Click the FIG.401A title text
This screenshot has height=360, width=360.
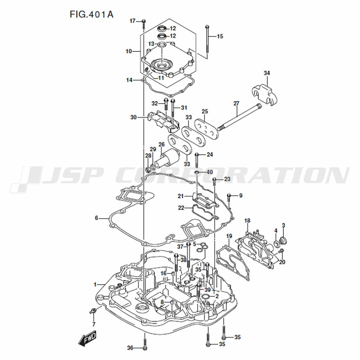91,14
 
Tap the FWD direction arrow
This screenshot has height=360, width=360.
87,338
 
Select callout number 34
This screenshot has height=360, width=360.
266,73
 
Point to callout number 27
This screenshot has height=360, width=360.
236,104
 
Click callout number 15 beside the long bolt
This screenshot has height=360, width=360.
220,36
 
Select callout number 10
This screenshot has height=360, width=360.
129,51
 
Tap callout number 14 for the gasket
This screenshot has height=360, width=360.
129,80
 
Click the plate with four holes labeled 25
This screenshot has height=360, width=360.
206,129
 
